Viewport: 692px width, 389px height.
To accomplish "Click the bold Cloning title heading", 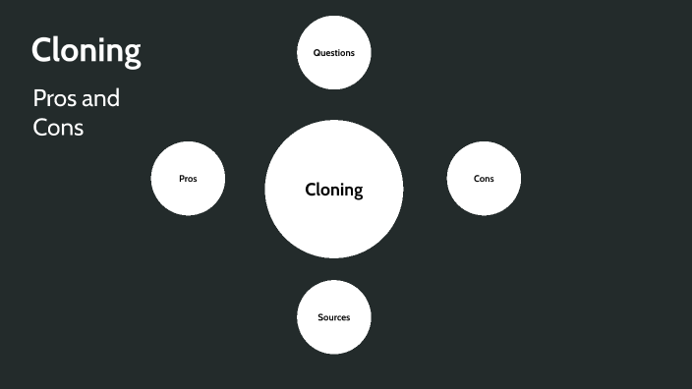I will click(x=86, y=51).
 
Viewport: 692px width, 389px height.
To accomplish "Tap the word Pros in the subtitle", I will click(x=52, y=99).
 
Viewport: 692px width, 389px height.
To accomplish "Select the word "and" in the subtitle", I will click(x=101, y=99).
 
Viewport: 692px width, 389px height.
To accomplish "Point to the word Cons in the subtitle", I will click(x=58, y=127).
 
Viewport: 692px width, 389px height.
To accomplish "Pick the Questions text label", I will click(x=334, y=52).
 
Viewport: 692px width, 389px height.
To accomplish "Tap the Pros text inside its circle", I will click(x=188, y=179).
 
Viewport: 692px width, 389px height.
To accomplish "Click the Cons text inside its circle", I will click(x=484, y=179).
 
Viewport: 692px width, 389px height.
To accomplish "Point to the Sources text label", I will click(x=334, y=317).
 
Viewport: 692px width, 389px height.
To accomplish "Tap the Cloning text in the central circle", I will click(x=334, y=190).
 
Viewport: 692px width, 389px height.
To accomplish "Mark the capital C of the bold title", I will click(x=41, y=50).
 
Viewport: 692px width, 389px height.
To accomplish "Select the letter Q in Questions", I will click(x=316, y=52).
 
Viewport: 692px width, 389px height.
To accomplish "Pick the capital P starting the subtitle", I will click(x=39, y=99).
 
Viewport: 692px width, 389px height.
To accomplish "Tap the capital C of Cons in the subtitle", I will click(x=40, y=127).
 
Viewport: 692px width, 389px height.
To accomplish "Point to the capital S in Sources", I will click(x=320, y=317).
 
